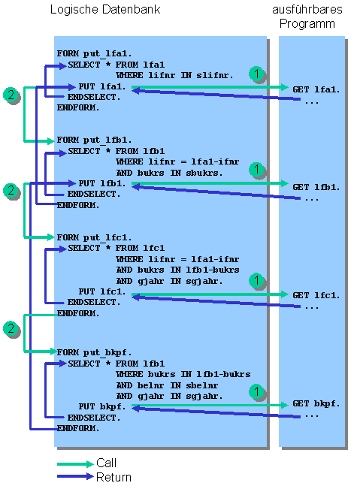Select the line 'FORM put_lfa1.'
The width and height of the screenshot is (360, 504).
click(94, 54)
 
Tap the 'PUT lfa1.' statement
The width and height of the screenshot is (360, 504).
click(101, 87)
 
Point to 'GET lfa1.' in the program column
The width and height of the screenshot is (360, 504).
click(316, 89)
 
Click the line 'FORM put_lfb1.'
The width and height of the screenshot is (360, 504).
click(94, 140)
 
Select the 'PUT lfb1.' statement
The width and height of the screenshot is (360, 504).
click(101, 183)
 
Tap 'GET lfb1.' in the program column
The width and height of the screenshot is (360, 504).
click(316, 187)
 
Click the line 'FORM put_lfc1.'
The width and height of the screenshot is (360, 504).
click(94, 237)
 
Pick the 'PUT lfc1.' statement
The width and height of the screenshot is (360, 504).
click(101, 291)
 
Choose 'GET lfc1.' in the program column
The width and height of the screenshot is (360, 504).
click(316, 294)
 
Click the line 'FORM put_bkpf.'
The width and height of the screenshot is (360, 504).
click(94, 352)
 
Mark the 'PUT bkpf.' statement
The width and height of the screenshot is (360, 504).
click(101, 406)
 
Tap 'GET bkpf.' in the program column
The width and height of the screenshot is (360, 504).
click(316, 403)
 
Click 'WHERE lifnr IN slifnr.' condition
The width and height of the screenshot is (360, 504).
click(174, 76)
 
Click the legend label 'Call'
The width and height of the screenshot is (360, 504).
click(106, 463)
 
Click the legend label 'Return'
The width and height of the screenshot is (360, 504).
click(113, 477)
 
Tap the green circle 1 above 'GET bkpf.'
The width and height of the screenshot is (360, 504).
click(257, 391)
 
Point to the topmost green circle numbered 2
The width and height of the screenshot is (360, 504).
click(11, 95)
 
